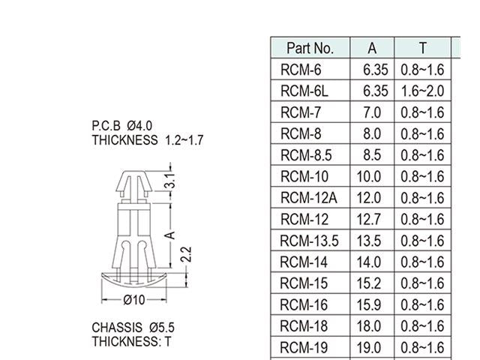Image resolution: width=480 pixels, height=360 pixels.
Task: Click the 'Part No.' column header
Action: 310,48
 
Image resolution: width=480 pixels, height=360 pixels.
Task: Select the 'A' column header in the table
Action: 373,48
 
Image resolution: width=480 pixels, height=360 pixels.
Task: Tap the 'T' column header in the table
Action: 422,48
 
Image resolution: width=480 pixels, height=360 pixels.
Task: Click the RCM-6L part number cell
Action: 304,91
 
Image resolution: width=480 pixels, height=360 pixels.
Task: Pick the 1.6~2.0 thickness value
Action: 422,91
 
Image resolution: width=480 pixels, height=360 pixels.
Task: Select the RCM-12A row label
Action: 308,198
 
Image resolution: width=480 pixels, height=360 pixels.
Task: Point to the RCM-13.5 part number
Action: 309,241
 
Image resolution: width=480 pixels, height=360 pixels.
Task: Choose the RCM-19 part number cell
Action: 304,348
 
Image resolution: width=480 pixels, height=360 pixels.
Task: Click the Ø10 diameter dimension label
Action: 133,299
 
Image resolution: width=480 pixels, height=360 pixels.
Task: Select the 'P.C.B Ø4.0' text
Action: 122,125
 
